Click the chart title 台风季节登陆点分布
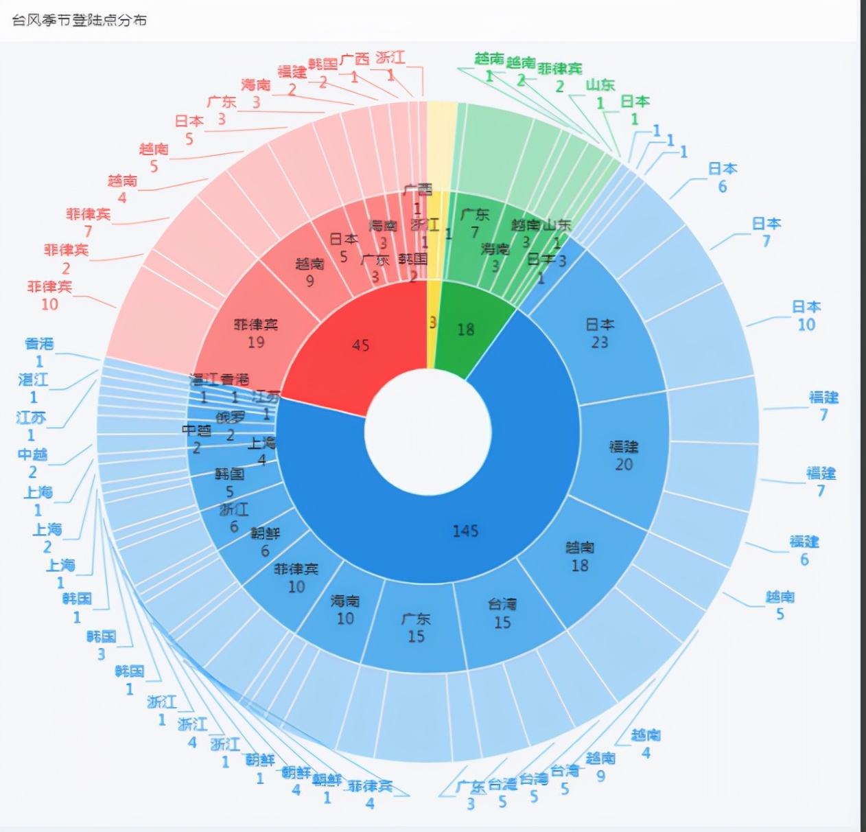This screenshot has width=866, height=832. tap(80, 20)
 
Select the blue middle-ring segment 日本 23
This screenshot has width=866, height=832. tap(600, 334)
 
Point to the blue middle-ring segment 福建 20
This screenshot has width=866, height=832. tap(623, 455)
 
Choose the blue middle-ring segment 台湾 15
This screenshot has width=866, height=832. tap(502, 614)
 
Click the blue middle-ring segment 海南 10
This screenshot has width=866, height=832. tap(344, 610)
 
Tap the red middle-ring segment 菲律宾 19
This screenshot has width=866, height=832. tap(256, 332)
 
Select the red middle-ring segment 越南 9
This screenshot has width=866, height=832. tap(309, 272)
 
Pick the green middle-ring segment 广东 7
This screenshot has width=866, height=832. tap(475, 223)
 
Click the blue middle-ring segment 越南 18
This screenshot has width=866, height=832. tap(580, 556)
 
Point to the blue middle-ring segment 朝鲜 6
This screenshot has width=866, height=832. tap(265, 541)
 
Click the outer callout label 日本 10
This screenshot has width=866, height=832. tap(806, 315)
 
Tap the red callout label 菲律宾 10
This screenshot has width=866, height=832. tap(50, 295)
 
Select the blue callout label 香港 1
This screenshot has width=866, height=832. tap(39, 351)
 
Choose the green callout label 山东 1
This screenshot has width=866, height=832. tap(600, 93)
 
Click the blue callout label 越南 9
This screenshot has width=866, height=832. tap(600, 767)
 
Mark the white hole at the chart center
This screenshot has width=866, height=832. tap(428, 432)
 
